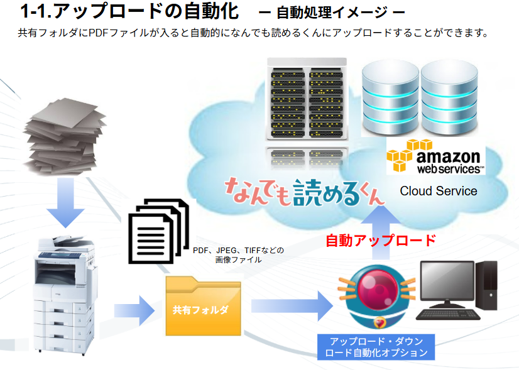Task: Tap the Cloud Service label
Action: pyautogui.click(x=439, y=191)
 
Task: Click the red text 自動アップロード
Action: pyautogui.click(x=380, y=240)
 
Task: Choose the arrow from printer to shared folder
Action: pyautogui.click(x=134, y=309)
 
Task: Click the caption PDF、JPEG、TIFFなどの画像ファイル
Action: pyautogui.click(x=238, y=254)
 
